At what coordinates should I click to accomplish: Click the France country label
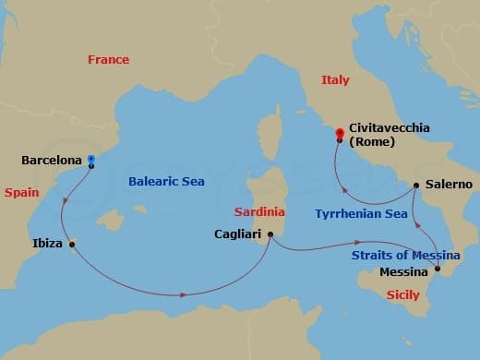point(108,60)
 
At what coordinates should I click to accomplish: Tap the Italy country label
point(335,80)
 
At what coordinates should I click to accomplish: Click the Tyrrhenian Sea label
point(361,213)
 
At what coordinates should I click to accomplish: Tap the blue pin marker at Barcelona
point(90,160)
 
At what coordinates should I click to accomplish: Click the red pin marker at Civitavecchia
point(340,134)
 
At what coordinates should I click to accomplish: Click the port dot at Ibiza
point(72,244)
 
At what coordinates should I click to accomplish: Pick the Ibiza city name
point(47,244)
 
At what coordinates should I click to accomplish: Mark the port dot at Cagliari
point(270,234)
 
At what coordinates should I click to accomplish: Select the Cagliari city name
point(238,234)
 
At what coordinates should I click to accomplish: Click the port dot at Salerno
point(416,185)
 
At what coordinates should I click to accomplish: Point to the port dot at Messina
point(438,270)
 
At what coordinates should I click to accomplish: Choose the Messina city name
point(404,272)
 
